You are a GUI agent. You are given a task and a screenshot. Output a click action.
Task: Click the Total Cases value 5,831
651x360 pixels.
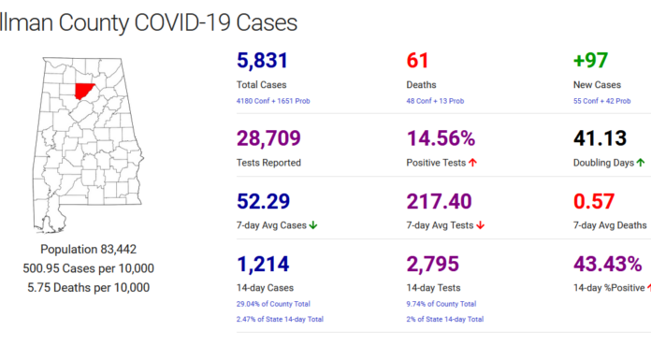pos(263,62)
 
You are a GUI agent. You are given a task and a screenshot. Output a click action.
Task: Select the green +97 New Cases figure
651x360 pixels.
pos(590,62)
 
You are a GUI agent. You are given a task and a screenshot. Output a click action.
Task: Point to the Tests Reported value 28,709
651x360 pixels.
pos(268,139)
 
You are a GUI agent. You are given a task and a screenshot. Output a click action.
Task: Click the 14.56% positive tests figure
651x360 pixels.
pos(441,139)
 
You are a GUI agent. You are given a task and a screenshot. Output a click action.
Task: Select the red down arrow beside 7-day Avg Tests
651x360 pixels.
pos(480,224)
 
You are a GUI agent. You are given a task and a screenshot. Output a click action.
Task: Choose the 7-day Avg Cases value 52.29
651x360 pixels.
pos(264,201)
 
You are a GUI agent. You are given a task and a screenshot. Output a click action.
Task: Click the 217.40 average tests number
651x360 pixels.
pos(445,201)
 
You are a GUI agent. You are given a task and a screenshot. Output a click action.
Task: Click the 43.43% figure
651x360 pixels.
pos(607,265)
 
